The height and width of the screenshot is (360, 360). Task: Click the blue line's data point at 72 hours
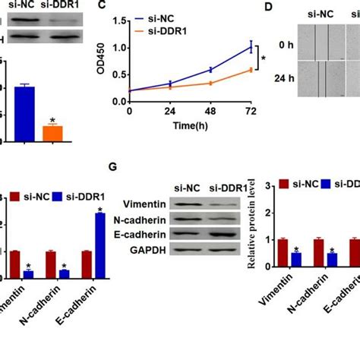coord(251,47)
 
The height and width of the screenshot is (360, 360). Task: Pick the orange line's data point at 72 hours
coord(251,70)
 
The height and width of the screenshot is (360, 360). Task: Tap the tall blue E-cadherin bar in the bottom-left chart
coord(99,246)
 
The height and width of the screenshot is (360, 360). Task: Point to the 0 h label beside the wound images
coord(286,44)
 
